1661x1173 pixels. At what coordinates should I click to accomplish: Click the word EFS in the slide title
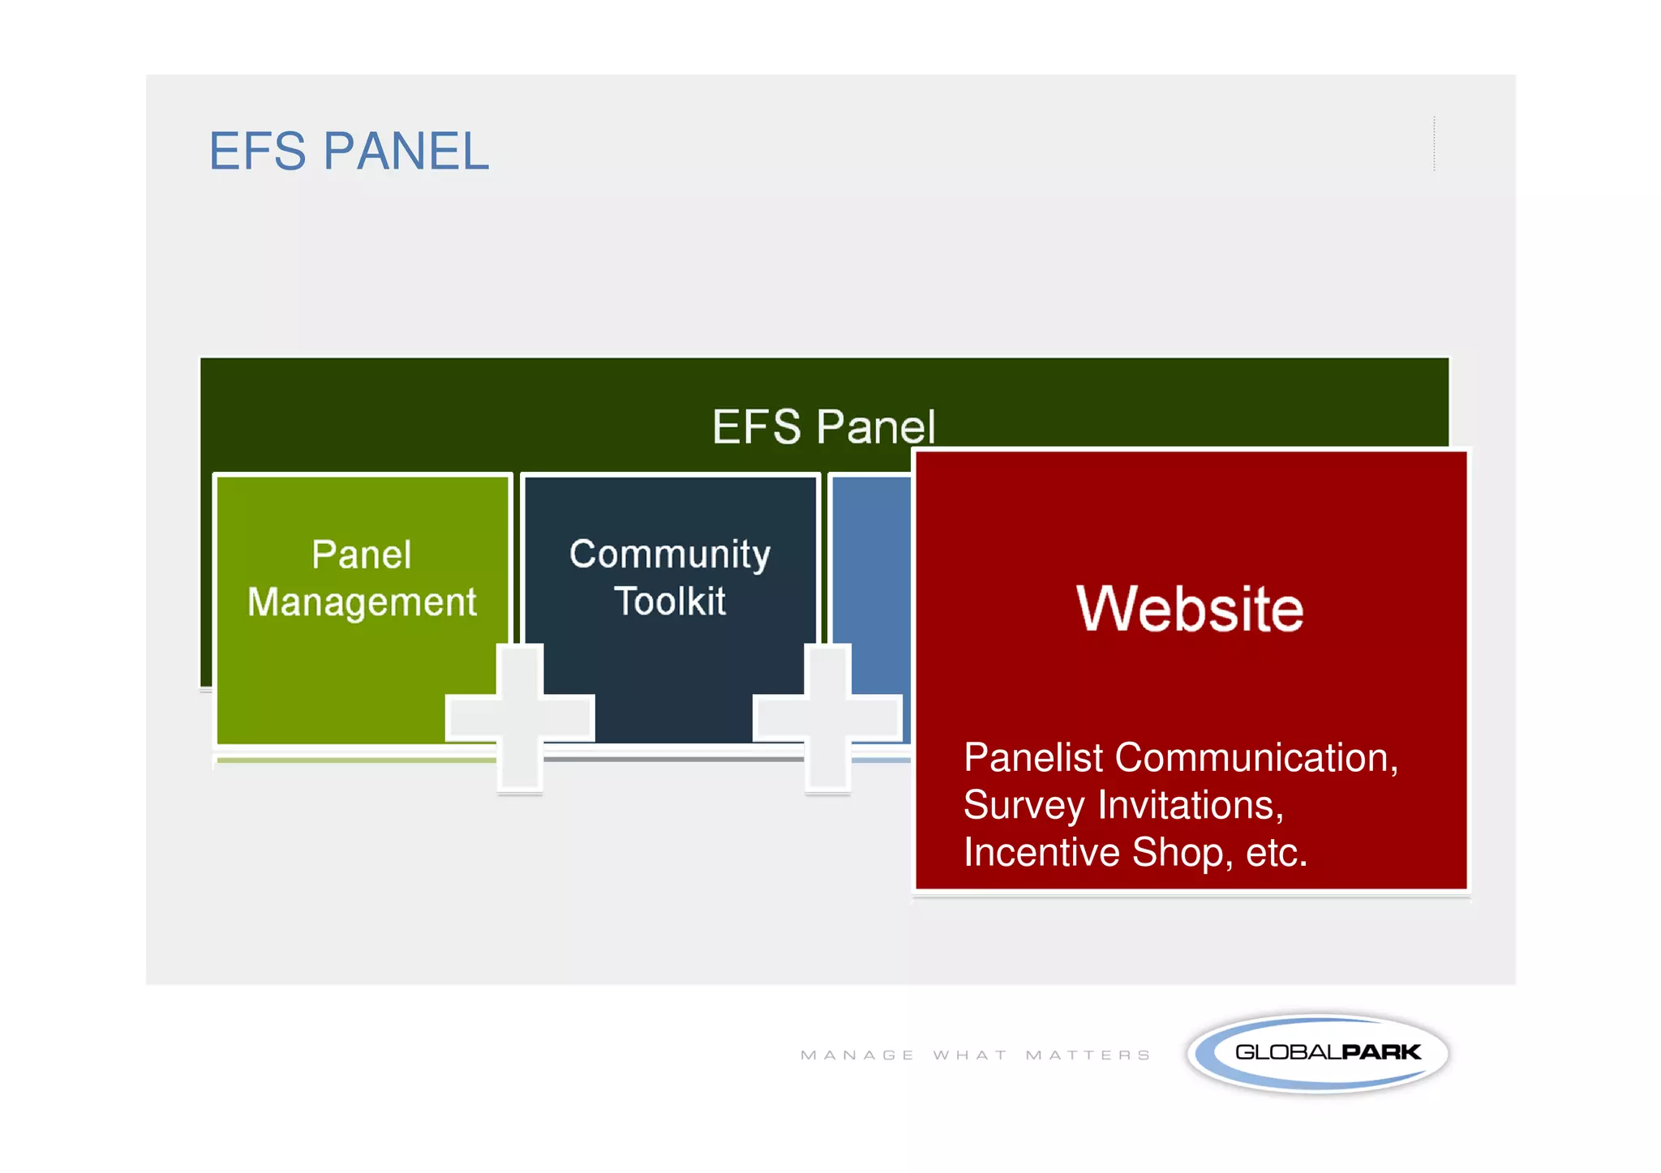coord(258,152)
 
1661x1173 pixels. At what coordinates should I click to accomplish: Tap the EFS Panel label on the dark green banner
coord(822,426)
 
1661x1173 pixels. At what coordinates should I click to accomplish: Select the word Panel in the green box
coord(362,555)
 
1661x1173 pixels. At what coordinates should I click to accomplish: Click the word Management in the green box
coord(362,603)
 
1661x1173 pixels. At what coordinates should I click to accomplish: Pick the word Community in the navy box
coord(670,555)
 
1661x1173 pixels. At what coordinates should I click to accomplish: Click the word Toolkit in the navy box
coord(670,601)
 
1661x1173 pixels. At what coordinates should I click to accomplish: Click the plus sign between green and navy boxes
coord(520,717)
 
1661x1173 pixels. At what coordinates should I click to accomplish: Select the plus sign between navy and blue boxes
coord(827,717)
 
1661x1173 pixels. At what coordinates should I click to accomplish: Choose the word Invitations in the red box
coord(1191,805)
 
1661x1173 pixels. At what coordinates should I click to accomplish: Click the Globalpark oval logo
coord(1318,1053)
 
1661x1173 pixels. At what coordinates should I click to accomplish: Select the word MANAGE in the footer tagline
coord(857,1055)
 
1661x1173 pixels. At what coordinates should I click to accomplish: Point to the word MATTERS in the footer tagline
coord(1088,1055)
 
